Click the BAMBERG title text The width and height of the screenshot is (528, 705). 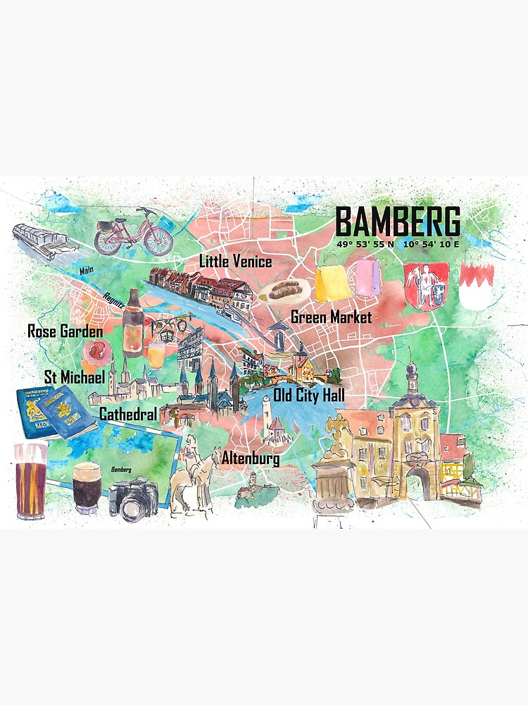(x=398, y=221)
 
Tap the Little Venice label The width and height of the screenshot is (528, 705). (x=235, y=262)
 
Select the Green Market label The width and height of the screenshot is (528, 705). (x=331, y=317)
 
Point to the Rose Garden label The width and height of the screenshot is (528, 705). (x=65, y=331)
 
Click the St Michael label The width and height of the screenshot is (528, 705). (x=74, y=377)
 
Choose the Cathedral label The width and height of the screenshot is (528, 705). (x=127, y=414)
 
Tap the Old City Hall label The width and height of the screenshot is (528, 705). (x=308, y=395)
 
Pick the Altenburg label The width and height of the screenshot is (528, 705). (x=250, y=459)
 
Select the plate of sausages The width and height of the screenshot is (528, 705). (x=284, y=290)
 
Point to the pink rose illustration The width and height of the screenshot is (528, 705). (x=96, y=350)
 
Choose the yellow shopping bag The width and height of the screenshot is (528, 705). (x=330, y=281)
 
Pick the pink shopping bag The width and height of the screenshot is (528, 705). (x=369, y=278)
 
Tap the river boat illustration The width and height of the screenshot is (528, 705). (x=43, y=241)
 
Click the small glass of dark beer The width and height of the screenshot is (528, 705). (x=87, y=486)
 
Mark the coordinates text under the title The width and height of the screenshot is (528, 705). (x=398, y=244)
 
